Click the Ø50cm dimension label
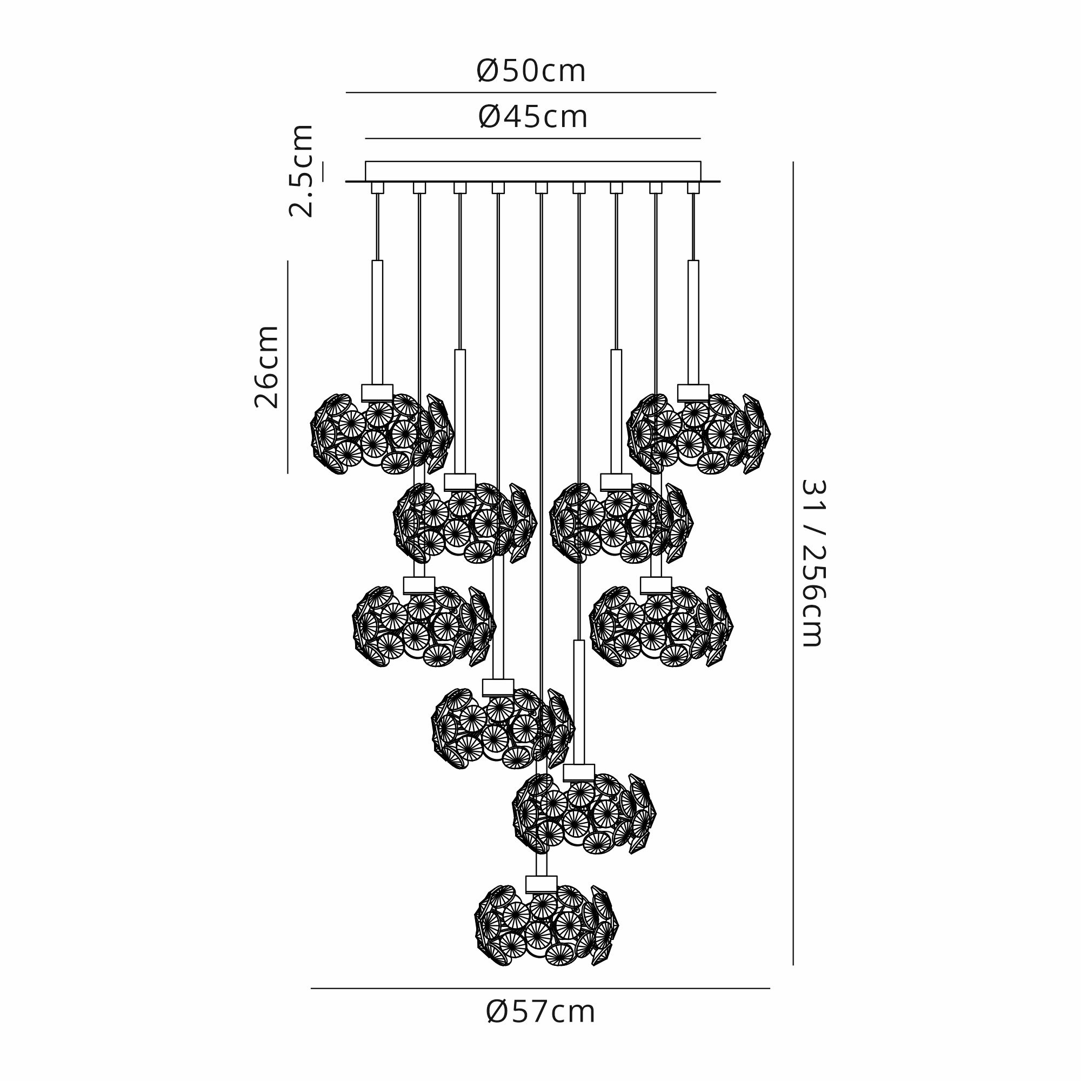coord(531,71)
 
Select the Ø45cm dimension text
coord(533,117)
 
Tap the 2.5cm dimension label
coord(301,171)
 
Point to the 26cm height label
coord(266,366)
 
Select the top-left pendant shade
coord(382,433)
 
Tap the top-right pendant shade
coord(698,433)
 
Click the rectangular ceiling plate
coord(533,171)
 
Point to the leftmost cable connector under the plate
coord(378,188)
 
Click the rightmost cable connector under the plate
coord(693,188)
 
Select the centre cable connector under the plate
coord(541,188)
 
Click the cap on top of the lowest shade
coord(541,884)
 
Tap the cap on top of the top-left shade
coord(377,392)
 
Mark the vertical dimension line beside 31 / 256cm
coord(793,563)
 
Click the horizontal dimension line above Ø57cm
coord(540,988)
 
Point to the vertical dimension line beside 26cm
coord(288,366)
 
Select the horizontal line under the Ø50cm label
coord(531,92)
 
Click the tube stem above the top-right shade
coord(693,322)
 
